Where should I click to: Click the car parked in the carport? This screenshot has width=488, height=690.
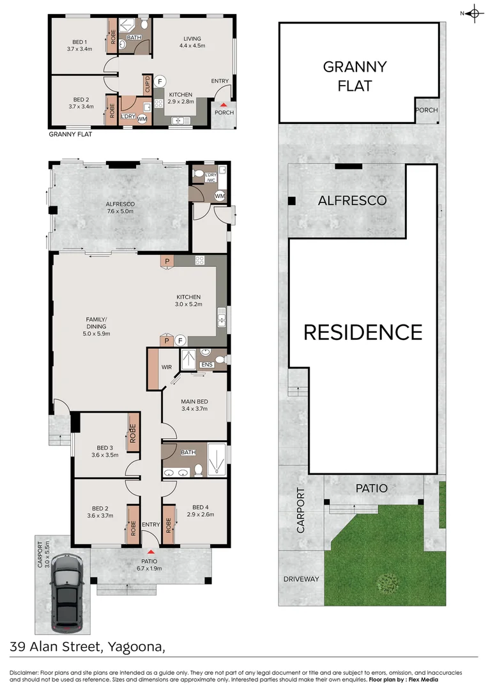(67, 590)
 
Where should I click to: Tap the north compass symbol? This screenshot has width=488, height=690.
(473, 13)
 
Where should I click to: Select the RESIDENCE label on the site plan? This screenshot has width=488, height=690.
(362, 332)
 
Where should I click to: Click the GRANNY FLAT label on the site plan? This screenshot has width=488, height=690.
(355, 75)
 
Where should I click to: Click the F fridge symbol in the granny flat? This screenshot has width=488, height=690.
(160, 81)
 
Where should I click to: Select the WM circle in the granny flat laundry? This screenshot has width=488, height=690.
(142, 118)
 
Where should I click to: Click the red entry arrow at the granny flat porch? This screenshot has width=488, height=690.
(224, 105)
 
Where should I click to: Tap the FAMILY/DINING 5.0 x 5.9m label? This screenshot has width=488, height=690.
(97, 326)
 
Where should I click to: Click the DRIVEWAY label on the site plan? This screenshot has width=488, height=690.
(301, 579)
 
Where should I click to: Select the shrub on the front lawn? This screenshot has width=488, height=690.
(386, 581)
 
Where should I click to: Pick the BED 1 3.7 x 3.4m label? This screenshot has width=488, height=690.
(80, 44)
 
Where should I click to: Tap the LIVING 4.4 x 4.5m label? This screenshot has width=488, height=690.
(192, 42)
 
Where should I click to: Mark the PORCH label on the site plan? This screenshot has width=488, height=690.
(427, 110)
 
